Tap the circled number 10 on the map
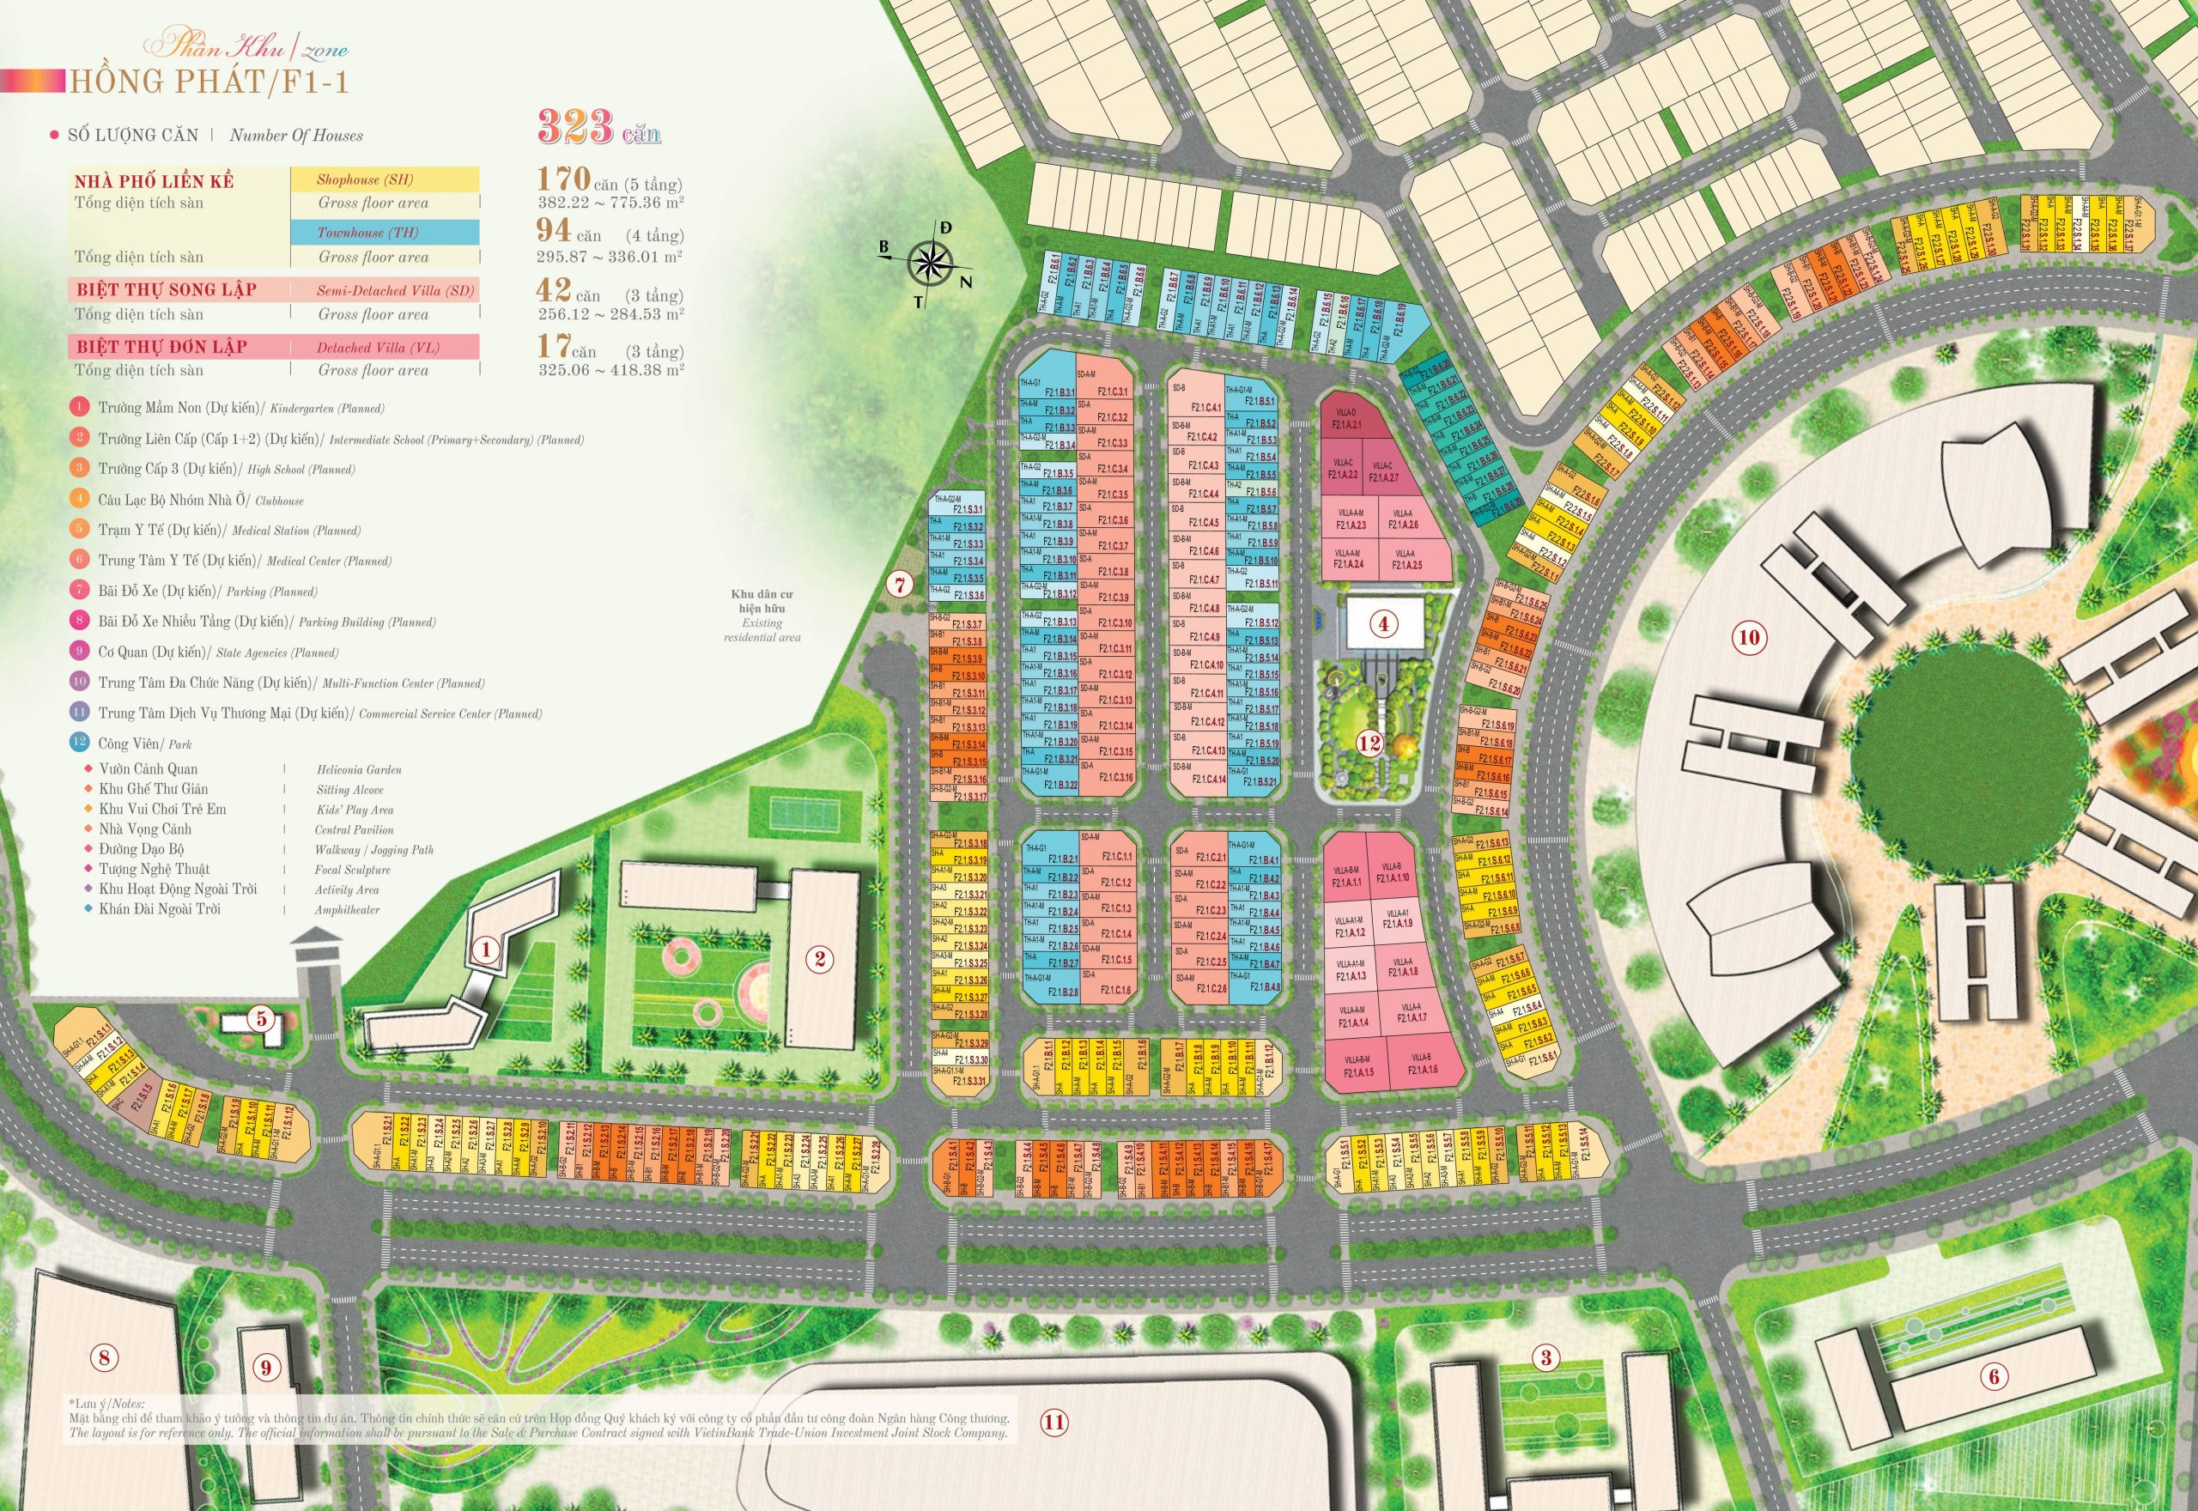[1748, 637]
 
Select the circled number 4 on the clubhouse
[1383, 624]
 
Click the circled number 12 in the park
[1369, 743]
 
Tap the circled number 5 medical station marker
[261, 1020]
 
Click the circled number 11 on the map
[1053, 1447]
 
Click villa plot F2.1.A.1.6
[1423, 1069]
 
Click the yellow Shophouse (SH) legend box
[385, 179]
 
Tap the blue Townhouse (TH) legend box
[385, 233]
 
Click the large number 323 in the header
[576, 127]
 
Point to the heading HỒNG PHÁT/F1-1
[207, 82]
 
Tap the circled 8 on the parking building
[103, 1357]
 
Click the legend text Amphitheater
[348, 910]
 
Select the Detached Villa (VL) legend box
[385, 348]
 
